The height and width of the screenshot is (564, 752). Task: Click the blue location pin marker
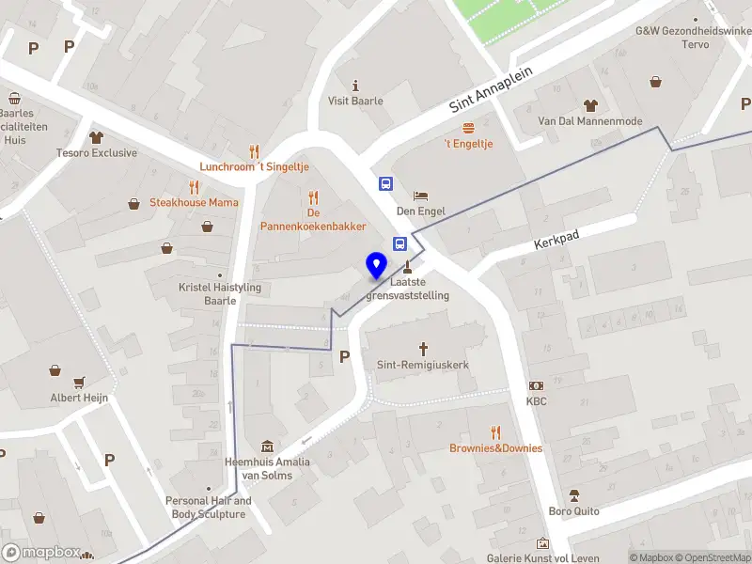click(x=376, y=266)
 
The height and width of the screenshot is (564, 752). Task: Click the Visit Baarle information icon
click(x=355, y=85)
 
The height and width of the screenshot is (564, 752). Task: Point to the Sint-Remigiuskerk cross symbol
click(x=423, y=348)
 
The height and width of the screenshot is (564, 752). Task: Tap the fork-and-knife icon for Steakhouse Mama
click(x=194, y=186)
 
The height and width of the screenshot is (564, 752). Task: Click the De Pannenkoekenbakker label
click(x=313, y=220)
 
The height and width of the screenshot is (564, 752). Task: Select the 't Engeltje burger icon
click(x=468, y=127)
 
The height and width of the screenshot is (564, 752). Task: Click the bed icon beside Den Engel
click(x=420, y=195)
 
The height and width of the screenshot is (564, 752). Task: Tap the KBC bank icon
click(x=536, y=385)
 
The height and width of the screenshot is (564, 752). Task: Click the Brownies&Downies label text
click(x=495, y=448)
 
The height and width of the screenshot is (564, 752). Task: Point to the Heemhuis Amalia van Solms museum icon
click(x=267, y=446)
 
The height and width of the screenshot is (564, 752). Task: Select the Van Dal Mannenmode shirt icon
click(x=590, y=105)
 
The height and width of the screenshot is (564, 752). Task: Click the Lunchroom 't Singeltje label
click(x=254, y=166)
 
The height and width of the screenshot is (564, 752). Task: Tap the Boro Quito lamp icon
click(x=573, y=495)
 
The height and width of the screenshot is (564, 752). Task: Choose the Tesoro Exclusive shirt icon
click(x=97, y=137)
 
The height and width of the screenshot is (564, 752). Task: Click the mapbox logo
click(x=41, y=553)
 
